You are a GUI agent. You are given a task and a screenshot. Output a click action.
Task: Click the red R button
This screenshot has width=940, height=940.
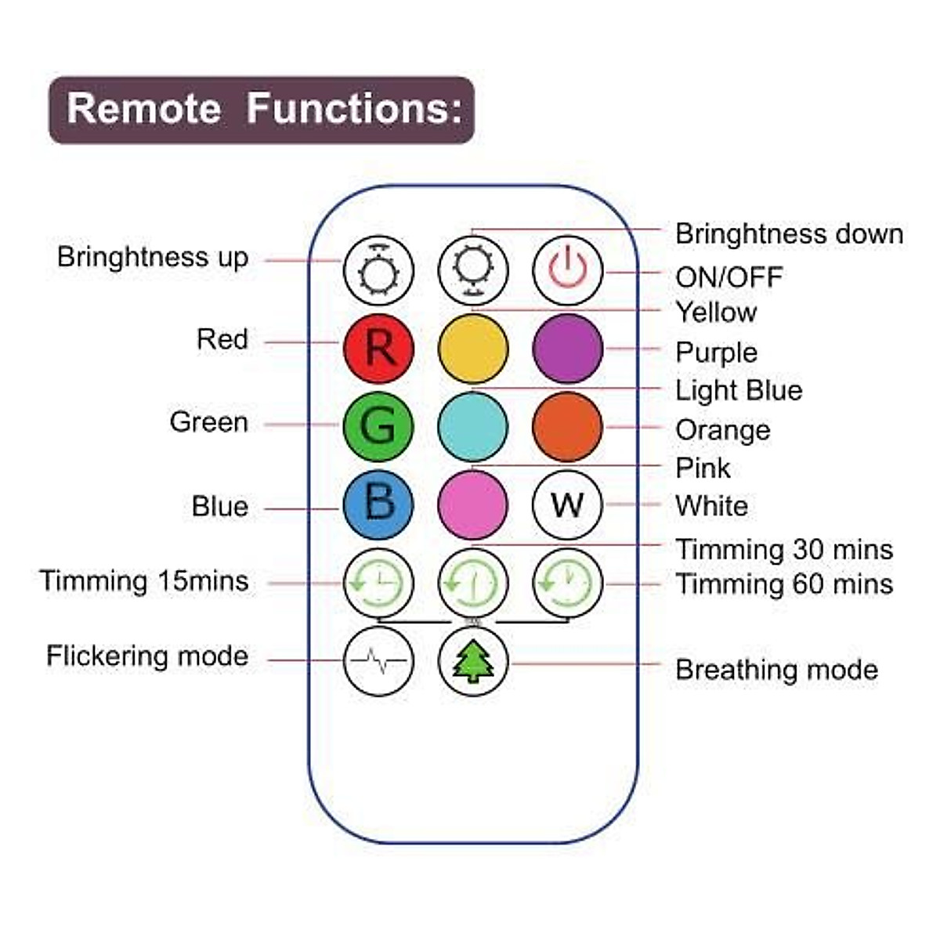(x=378, y=349)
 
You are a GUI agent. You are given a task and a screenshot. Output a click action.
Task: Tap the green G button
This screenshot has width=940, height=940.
(x=378, y=426)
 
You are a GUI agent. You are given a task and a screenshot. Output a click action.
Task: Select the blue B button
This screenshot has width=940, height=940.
(x=378, y=504)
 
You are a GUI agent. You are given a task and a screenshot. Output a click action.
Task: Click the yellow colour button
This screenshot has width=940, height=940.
(x=473, y=349)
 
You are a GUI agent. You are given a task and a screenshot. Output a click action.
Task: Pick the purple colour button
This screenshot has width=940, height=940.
(x=568, y=349)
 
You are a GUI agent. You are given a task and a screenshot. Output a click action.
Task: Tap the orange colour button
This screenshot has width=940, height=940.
(x=568, y=426)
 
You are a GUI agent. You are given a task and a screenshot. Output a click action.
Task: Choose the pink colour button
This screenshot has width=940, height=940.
(x=473, y=504)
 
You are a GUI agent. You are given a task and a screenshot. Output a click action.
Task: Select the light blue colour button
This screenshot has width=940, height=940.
(x=473, y=426)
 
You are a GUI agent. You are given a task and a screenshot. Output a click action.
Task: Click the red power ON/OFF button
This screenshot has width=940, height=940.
(x=568, y=270)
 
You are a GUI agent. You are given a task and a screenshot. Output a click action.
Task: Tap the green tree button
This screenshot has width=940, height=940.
(x=473, y=661)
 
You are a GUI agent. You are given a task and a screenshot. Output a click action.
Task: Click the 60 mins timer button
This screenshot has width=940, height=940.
(x=568, y=583)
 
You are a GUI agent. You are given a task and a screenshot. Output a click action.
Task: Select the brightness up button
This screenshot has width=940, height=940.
(x=378, y=270)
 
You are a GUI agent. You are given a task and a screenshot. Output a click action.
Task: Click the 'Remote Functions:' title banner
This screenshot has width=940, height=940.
(x=262, y=110)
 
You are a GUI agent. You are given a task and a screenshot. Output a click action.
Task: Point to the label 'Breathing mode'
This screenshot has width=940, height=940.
(x=776, y=671)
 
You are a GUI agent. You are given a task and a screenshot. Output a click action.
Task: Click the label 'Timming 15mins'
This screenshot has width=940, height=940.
(x=144, y=581)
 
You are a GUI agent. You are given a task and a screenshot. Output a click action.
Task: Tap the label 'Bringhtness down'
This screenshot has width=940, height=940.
(x=789, y=234)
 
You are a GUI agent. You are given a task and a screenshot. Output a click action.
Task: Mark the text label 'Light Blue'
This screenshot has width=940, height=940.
(x=739, y=391)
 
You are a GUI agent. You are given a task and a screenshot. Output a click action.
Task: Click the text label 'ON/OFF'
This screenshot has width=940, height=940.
(x=728, y=277)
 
